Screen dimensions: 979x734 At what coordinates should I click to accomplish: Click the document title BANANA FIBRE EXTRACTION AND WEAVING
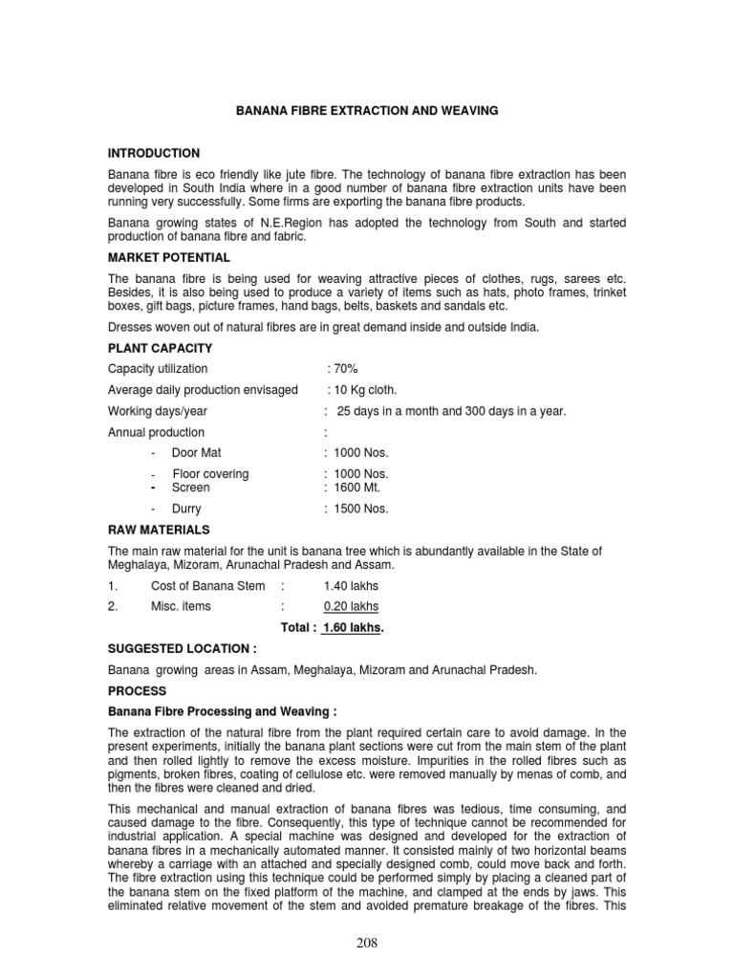(367, 112)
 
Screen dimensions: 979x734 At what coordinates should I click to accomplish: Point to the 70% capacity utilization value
(343, 369)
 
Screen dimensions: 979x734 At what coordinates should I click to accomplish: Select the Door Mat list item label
(196, 453)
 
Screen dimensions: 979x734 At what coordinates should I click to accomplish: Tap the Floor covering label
(209, 474)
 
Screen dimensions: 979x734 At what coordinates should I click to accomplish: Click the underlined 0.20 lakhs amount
(351, 606)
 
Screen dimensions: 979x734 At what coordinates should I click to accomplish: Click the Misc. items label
(181, 606)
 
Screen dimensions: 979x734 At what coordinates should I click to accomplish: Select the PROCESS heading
(137, 690)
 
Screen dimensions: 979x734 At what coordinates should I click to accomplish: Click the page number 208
(366, 944)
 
